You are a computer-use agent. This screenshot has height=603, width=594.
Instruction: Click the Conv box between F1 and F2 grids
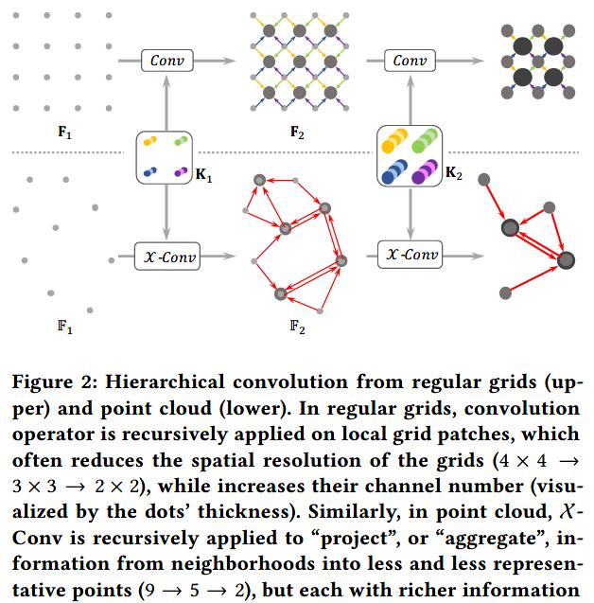[167, 61]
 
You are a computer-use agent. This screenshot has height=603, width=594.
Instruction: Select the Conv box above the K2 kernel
[410, 61]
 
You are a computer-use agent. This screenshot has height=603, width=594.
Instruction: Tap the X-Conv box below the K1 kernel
[167, 257]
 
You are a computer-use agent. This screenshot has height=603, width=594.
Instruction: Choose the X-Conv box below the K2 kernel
[410, 255]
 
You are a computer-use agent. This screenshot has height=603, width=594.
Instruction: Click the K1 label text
[203, 175]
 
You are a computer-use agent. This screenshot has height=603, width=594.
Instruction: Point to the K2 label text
[454, 172]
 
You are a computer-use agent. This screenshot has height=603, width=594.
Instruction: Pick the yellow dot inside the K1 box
[149, 141]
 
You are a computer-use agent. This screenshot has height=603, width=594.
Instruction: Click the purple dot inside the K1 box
[181, 172]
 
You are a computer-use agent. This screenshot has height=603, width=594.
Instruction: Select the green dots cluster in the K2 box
[425, 140]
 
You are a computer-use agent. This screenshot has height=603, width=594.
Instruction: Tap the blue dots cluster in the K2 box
[394, 171]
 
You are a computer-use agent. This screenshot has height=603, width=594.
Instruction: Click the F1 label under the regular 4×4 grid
[64, 133]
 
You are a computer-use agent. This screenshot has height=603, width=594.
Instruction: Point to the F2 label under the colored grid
[297, 133]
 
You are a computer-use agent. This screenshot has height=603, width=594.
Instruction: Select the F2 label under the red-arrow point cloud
[297, 328]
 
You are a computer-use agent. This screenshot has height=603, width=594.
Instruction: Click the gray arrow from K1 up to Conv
[166, 103]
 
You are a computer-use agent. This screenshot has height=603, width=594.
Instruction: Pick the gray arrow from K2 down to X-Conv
[411, 214]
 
